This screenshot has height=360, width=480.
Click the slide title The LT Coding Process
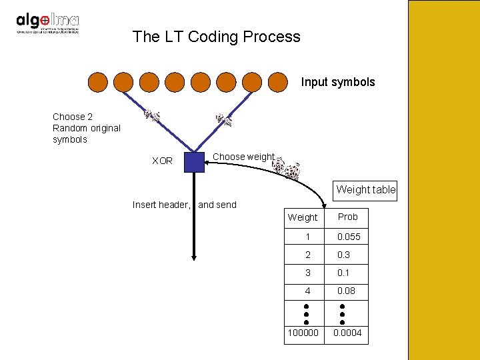point(216,37)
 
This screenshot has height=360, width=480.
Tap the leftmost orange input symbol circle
point(97,82)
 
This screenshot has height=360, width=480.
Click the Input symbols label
point(337,83)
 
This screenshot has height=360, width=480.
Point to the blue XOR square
point(194,162)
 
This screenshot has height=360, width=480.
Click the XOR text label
point(162,161)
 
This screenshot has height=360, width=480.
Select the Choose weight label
point(243,157)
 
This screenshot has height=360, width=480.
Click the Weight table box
point(365,189)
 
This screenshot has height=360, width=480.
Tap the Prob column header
point(347,217)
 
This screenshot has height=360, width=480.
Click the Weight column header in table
point(303,217)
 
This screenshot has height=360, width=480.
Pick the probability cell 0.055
point(348,237)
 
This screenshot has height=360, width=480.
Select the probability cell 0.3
point(343,255)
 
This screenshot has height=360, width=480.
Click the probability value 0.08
point(346,291)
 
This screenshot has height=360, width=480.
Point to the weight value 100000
point(303,333)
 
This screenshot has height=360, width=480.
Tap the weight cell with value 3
point(308,273)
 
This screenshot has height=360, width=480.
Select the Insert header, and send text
point(184,205)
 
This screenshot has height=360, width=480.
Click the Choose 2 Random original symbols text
point(86,128)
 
